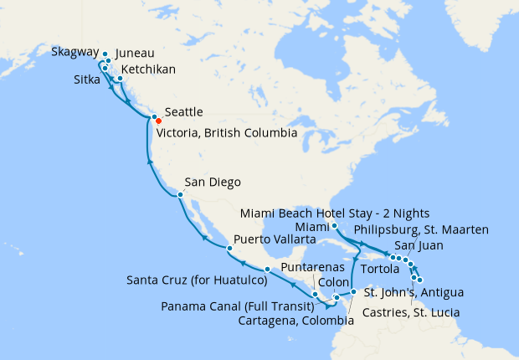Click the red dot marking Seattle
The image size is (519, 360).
[159, 121]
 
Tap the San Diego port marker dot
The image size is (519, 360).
[179, 195]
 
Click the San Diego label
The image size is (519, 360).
[213, 182]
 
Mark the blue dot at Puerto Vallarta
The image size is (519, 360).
[229, 249]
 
